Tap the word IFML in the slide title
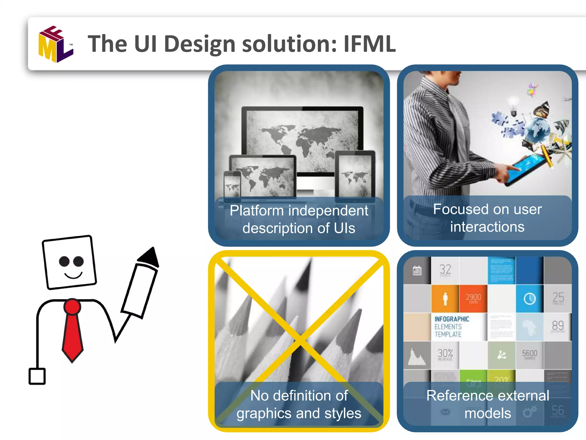[369, 44]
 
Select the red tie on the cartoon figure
[72, 332]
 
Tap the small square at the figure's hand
[37, 376]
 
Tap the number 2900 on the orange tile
[473, 297]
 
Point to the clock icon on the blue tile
[529, 299]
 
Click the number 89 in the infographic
[558, 325]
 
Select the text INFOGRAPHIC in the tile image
[452, 319]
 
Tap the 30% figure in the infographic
[445, 353]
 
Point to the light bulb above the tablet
[513, 104]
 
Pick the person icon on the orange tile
[445, 299]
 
